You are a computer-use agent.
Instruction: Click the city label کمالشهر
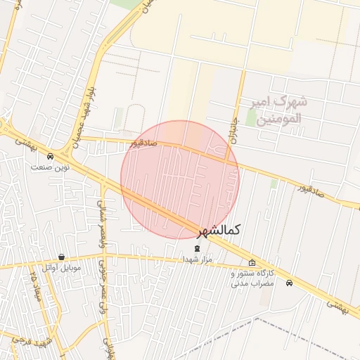point(219,231)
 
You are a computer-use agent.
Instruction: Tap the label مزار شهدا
point(197,259)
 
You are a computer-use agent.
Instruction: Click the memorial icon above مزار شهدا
point(197,248)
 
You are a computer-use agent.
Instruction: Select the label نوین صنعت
point(50,167)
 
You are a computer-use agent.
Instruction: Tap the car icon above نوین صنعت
point(50,156)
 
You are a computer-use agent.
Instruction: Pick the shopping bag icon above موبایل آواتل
point(62,257)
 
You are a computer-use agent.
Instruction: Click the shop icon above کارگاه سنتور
point(252,263)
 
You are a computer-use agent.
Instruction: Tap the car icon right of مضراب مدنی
point(290,283)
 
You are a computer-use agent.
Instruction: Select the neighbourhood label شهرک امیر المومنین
point(278,110)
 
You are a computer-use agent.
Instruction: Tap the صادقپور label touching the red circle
point(143,143)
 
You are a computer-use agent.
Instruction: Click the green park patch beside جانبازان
point(251,117)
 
